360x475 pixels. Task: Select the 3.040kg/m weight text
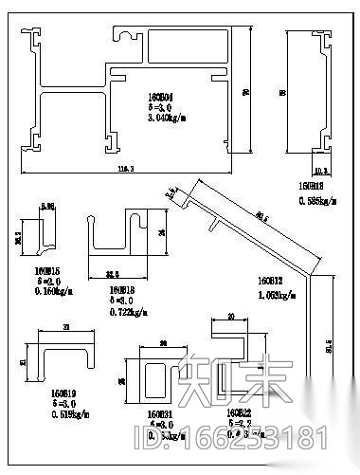point(156,119)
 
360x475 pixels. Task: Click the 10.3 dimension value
point(320,172)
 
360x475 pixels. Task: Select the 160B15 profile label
point(34,270)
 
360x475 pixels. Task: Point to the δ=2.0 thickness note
point(34,282)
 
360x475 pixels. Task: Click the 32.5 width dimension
point(111,275)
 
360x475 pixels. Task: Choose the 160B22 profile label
point(239,414)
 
